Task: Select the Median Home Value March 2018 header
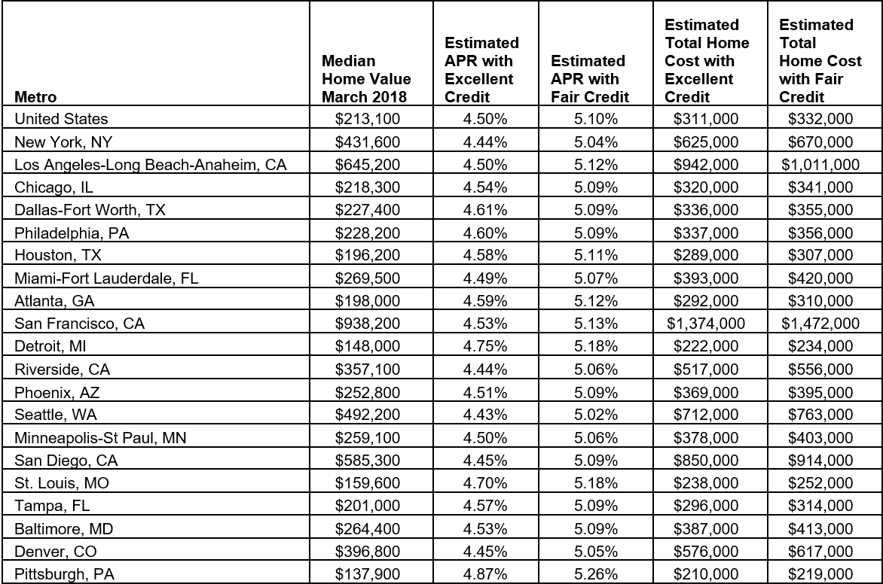tap(366, 79)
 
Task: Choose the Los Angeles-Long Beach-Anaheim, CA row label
tap(151, 164)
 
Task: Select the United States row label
tap(61, 119)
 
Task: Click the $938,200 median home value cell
tap(366, 324)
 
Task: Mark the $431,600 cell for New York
tap(366, 141)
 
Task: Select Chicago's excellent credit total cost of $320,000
tap(706, 187)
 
